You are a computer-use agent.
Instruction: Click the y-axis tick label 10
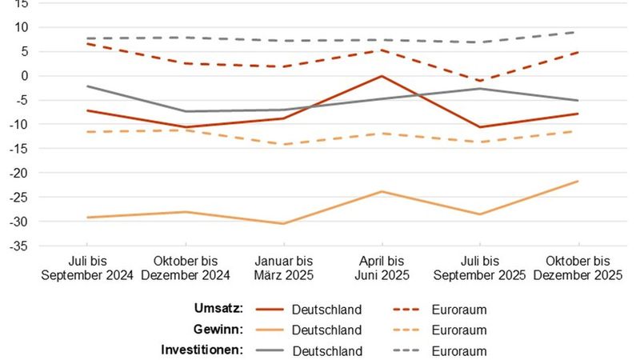(x=22, y=27)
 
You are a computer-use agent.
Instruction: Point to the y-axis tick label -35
(x=19, y=246)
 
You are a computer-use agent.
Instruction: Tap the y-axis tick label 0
(x=24, y=76)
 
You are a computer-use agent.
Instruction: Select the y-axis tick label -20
(x=19, y=173)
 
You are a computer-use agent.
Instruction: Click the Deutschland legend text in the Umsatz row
(x=326, y=310)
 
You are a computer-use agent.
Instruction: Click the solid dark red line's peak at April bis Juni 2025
(x=382, y=76)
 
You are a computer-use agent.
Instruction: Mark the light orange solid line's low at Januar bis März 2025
(x=284, y=224)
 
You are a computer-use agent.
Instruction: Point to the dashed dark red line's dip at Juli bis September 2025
(x=480, y=81)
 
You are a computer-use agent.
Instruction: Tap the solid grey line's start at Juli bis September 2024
(x=88, y=86)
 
